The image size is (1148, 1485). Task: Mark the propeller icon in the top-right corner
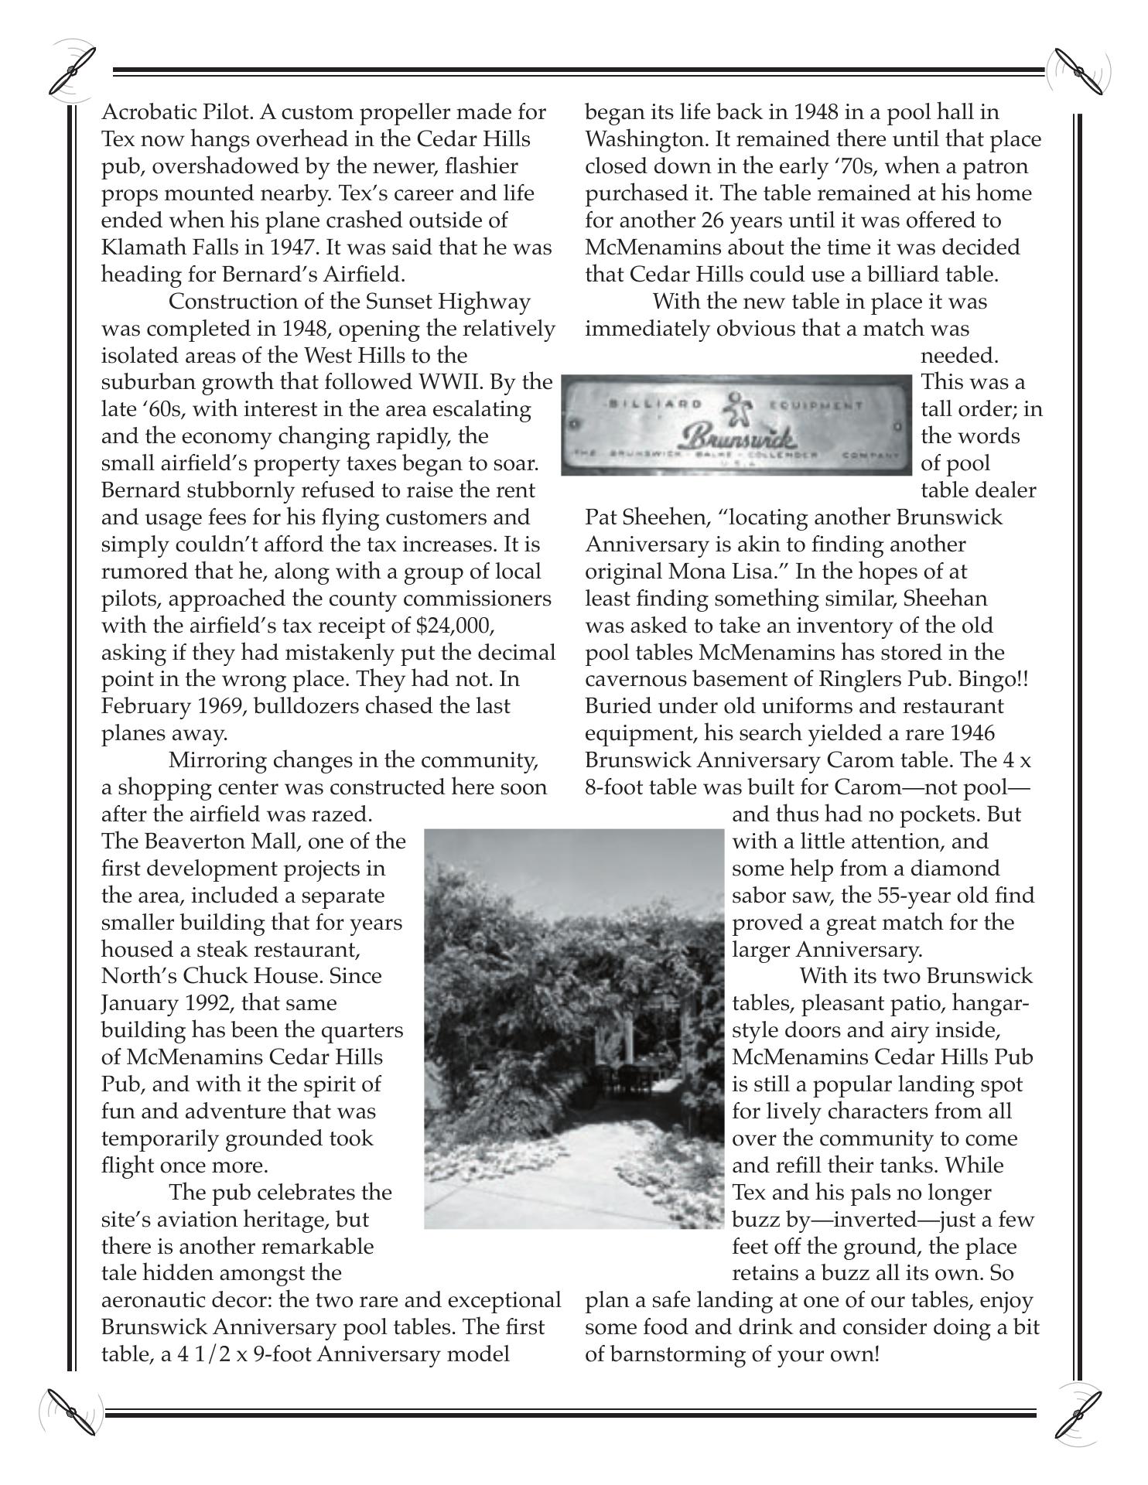point(1078,72)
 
